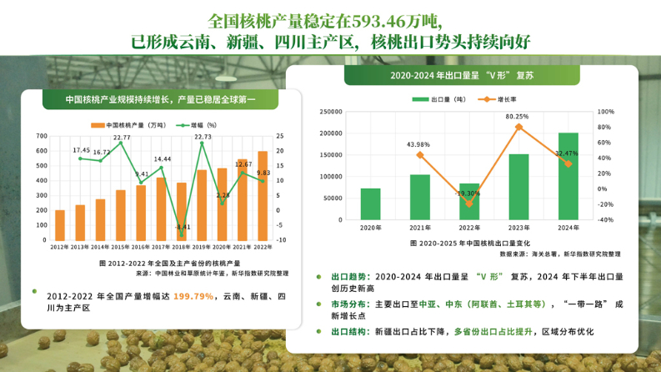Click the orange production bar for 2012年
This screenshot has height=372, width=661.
(60, 224)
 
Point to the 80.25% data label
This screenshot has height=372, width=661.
(517, 117)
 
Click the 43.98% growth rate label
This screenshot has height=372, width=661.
(418, 144)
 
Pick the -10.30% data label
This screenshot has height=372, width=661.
(468, 193)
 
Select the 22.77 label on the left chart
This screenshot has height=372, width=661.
(122, 137)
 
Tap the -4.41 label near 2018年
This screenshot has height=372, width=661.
(183, 226)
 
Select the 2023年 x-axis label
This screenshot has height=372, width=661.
(518, 228)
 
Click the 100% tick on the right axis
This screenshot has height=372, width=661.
(606, 111)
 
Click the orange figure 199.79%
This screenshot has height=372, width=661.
(193, 296)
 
